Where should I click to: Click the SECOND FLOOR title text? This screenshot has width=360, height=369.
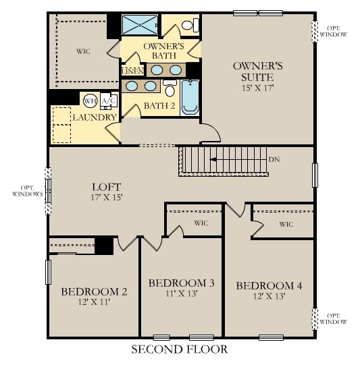click(x=179, y=349)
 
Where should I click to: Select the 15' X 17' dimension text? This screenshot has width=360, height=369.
click(x=257, y=88)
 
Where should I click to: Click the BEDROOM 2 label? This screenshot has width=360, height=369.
click(x=94, y=291)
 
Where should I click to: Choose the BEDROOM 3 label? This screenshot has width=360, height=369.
click(x=181, y=283)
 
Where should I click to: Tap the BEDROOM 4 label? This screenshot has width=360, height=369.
click(x=269, y=285)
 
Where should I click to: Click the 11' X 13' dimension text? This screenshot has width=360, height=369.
click(x=181, y=294)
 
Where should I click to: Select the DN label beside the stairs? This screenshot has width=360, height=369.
click(x=274, y=160)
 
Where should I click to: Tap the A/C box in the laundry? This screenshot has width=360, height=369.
click(x=107, y=101)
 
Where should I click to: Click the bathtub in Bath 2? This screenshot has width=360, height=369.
click(x=190, y=97)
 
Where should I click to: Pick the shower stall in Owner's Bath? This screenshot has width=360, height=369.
click(x=139, y=26)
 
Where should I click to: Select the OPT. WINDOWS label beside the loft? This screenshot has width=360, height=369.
click(x=27, y=190)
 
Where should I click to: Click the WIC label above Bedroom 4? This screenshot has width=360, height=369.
click(x=286, y=224)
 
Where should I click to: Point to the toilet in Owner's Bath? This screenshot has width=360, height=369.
click(x=192, y=26)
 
